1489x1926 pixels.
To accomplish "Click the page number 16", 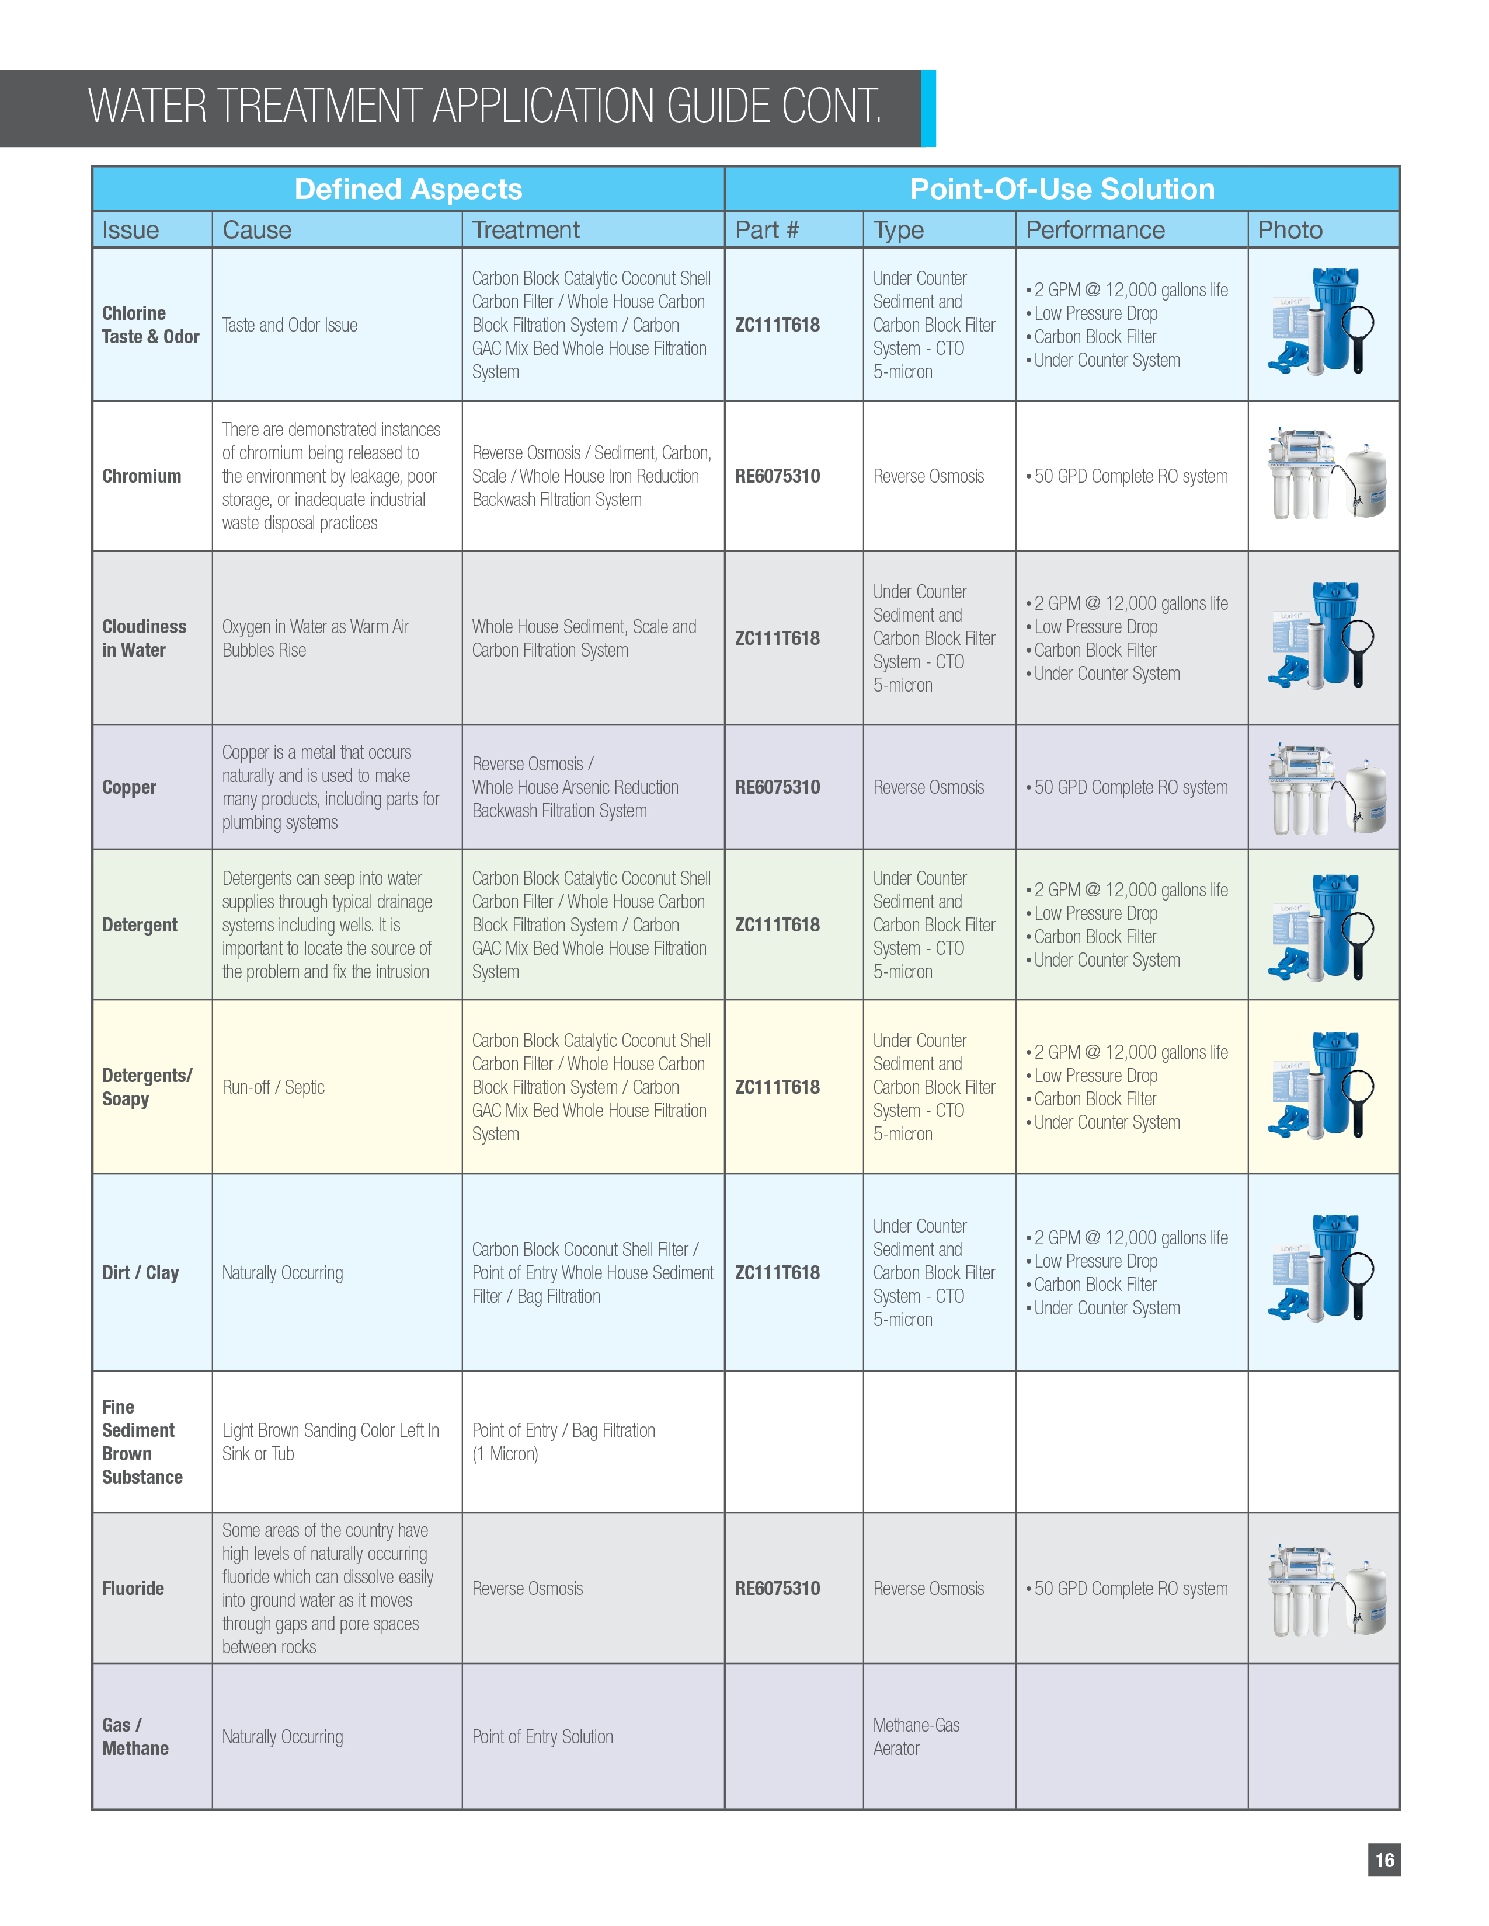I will coord(1384,1860).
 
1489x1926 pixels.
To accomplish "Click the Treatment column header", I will coord(526,230).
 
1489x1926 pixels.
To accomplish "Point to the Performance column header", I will coord(1095,230).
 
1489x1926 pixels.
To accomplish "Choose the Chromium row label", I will coord(142,476).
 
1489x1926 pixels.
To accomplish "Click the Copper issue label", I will coord(130,787).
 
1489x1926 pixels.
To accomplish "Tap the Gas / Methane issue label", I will coord(135,1736).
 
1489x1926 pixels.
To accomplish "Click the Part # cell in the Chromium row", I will coord(777,476).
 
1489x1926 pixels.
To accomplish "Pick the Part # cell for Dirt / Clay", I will coord(777,1272).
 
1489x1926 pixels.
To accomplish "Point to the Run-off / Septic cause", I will coord(273,1087).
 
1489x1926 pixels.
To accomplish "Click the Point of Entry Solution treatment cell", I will coord(542,1736).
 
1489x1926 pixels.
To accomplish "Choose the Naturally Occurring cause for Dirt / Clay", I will coord(282,1272).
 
